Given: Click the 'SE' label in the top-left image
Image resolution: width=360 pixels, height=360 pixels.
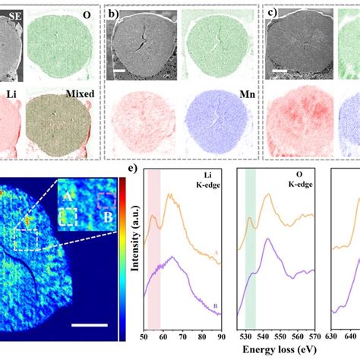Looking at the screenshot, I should tap(10, 12).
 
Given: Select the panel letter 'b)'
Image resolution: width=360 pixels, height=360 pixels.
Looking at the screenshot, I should tap(112, 12).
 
